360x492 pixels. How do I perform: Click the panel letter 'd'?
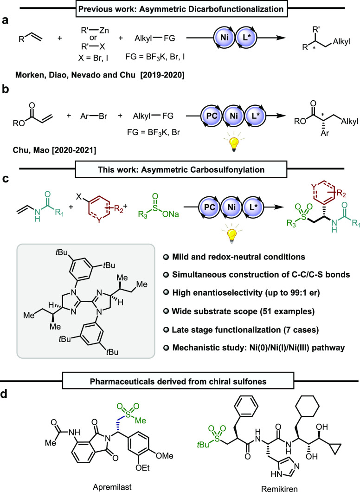[5, 394]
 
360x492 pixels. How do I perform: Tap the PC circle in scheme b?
[212, 116]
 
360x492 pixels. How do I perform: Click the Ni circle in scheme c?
[231, 207]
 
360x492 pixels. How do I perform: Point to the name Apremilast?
[112, 487]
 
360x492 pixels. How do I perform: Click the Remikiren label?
[279, 488]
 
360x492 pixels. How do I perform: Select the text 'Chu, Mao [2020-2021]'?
[54, 150]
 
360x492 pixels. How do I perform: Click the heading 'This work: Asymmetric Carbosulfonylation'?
[181, 170]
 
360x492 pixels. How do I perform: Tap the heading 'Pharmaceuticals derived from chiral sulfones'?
[178, 382]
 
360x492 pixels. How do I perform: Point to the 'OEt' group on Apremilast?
[143, 468]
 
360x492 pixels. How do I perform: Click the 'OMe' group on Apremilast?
[164, 456]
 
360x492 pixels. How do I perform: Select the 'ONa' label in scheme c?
[171, 214]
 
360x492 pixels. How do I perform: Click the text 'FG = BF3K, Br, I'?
[155, 57]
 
